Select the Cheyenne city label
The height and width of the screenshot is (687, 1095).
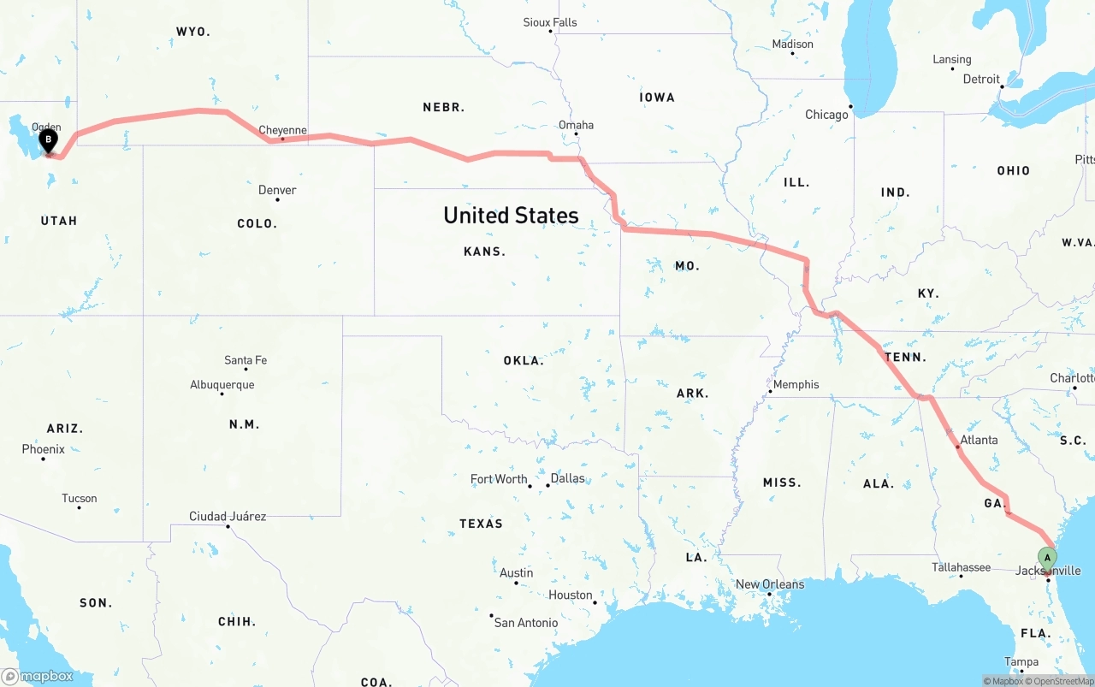(x=282, y=131)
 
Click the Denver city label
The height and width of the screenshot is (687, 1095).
(x=277, y=190)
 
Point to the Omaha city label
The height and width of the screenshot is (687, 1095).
(x=576, y=125)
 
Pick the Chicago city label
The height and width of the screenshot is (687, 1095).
(x=826, y=115)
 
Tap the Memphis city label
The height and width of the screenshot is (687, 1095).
(x=796, y=384)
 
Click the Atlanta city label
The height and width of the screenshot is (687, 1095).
(x=979, y=440)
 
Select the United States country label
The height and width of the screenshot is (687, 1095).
(x=511, y=216)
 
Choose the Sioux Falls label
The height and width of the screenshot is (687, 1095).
(x=550, y=22)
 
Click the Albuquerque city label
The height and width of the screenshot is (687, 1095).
(x=222, y=385)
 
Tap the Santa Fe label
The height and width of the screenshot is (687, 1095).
(x=246, y=360)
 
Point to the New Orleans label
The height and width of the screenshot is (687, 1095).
(x=770, y=584)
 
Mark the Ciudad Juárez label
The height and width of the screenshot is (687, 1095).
(x=228, y=516)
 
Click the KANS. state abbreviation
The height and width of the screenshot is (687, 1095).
(x=484, y=252)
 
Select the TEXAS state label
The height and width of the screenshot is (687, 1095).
(x=481, y=524)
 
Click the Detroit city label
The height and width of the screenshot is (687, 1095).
(x=981, y=79)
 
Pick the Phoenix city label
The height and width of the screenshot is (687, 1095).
(x=43, y=449)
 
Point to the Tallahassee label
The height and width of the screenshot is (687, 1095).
(x=962, y=567)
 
